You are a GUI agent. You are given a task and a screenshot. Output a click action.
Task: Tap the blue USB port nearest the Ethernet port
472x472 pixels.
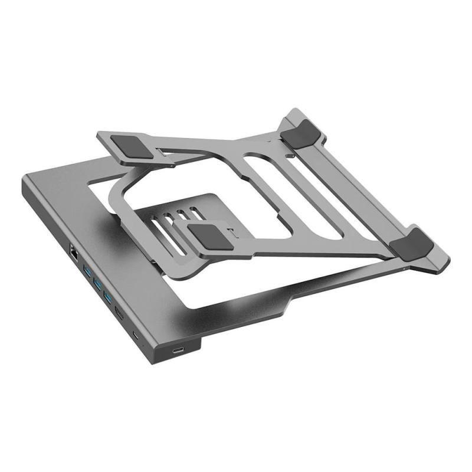[87, 271]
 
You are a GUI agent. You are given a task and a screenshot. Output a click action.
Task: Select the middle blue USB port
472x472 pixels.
[97, 284]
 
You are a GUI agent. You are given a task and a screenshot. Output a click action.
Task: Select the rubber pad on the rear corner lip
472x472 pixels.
[300, 133]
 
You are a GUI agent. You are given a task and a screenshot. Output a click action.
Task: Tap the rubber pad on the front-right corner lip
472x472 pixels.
[415, 242]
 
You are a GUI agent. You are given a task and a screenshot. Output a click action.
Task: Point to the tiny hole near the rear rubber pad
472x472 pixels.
[290, 156]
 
